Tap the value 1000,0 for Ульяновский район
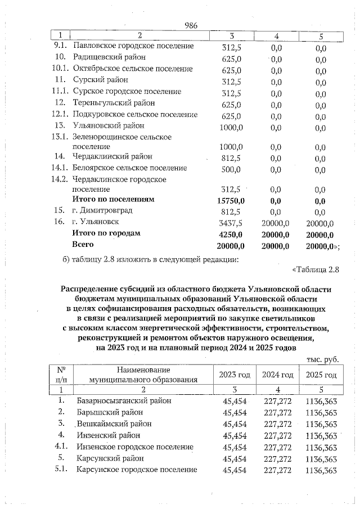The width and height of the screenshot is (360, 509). [x=231, y=126]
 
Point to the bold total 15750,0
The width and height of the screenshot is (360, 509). [x=231, y=200]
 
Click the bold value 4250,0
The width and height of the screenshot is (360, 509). [x=231, y=233]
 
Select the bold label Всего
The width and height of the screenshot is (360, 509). [x=83, y=245]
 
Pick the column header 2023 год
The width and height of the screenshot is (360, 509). [x=235, y=375]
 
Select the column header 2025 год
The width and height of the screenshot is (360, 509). [x=321, y=375]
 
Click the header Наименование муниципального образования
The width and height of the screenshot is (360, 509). [x=143, y=375]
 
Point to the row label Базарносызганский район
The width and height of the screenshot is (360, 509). [x=124, y=401]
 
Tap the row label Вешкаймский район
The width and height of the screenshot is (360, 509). [x=112, y=424]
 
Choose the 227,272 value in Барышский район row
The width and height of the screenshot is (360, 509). [x=277, y=412]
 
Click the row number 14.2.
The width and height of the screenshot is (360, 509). [x=60, y=179]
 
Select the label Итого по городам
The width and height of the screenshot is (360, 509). [x=106, y=233]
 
